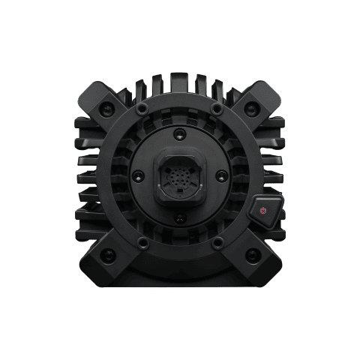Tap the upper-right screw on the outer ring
point(217,111)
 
